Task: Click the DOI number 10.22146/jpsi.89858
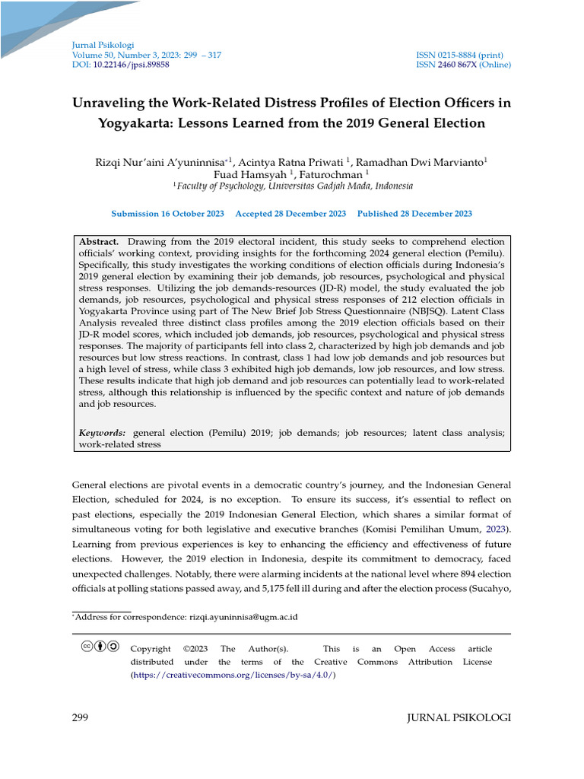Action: (131, 65)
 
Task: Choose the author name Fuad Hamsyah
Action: (246, 174)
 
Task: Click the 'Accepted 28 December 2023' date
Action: (290, 214)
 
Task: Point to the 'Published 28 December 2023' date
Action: (414, 214)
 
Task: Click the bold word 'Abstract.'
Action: (99, 241)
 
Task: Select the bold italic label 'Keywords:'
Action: (103, 433)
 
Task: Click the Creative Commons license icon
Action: (100, 647)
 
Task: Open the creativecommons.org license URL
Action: (233, 675)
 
